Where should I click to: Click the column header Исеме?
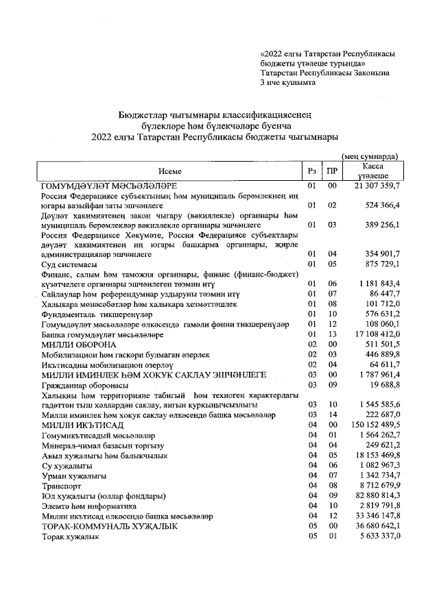point(169,171)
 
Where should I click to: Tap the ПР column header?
point(332,171)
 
